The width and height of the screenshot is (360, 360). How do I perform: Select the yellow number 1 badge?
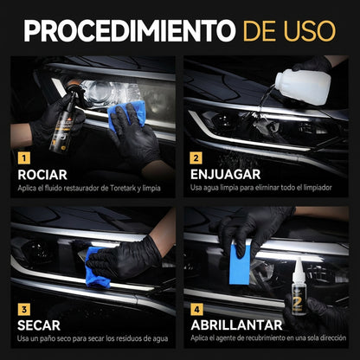click(x=23, y=158)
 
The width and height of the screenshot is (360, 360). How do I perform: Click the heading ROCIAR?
click(x=42, y=175)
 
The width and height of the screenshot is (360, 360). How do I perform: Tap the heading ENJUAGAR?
click(x=223, y=175)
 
